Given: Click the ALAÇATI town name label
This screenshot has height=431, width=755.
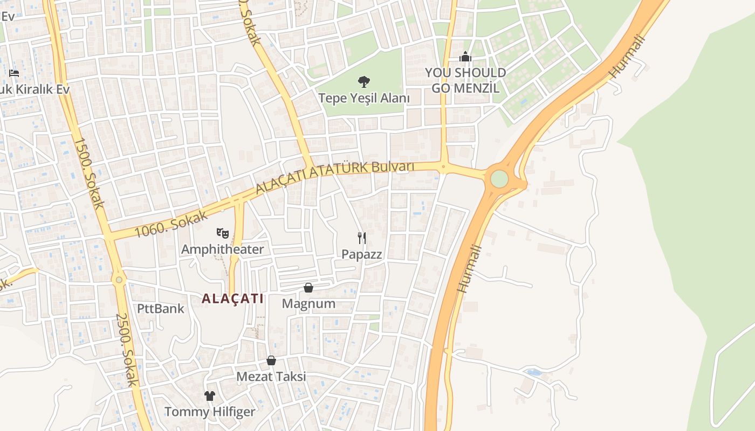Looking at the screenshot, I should pyautogui.click(x=232, y=298).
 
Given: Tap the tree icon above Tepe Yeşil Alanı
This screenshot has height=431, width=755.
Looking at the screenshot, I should pyautogui.click(x=364, y=82).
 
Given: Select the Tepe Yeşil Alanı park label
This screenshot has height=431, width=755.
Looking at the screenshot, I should pyautogui.click(x=364, y=98).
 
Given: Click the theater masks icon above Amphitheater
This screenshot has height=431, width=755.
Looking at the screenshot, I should pyautogui.click(x=222, y=233).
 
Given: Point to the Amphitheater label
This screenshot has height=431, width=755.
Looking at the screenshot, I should pyautogui.click(x=222, y=249).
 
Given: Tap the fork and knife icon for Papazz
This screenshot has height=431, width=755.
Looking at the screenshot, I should pyautogui.click(x=362, y=238).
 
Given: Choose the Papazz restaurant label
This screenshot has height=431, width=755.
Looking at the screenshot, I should pyautogui.click(x=362, y=254).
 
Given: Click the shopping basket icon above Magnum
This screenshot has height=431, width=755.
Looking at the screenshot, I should pyautogui.click(x=308, y=288).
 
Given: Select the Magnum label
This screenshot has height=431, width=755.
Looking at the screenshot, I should pyautogui.click(x=308, y=304).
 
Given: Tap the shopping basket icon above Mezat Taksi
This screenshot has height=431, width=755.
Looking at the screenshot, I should pyautogui.click(x=271, y=360).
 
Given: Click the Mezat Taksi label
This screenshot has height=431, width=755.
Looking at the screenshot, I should pyautogui.click(x=271, y=377).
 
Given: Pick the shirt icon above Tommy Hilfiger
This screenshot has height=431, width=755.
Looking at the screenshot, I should pyautogui.click(x=210, y=396).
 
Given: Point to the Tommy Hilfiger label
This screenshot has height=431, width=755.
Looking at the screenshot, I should pyautogui.click(x=210, y=412).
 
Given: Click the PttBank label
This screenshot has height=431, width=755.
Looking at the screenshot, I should pyautogui.click(x=160, y=309).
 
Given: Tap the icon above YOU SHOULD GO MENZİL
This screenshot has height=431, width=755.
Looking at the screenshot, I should pyautogui.click(x=465, y=57).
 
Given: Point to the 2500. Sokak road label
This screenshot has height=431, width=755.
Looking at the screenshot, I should pyautogui.click(x=128, y=350).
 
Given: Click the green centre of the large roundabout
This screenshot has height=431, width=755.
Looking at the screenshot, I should pyautogui.click(x=499, y=179).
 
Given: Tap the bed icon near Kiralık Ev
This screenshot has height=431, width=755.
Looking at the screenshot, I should pyautogui.click(x=14, y=73).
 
